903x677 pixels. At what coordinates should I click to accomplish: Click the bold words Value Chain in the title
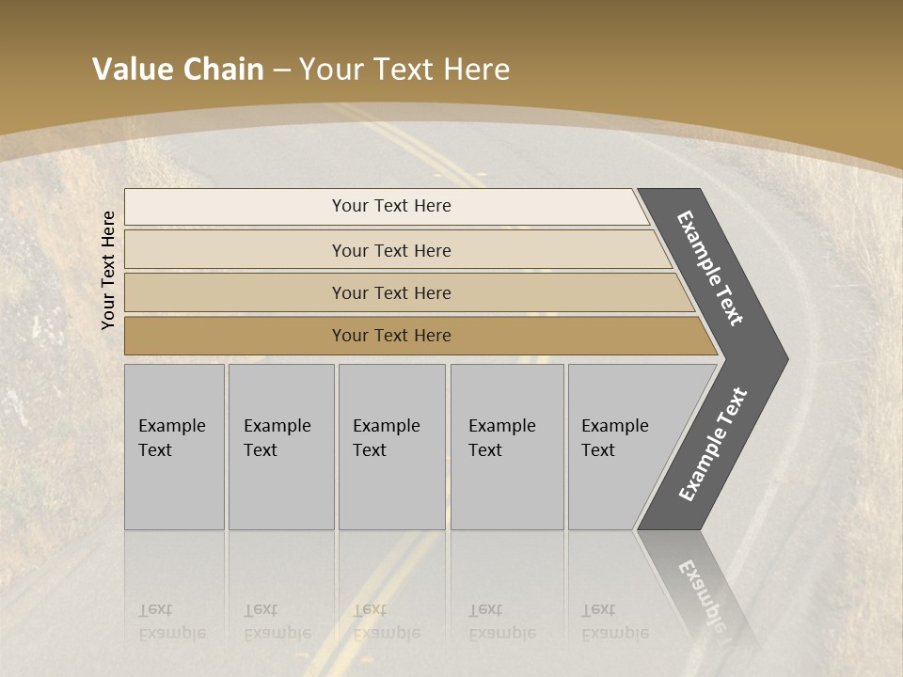coord(178,70)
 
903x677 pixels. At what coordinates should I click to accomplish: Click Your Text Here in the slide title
coord(404,70)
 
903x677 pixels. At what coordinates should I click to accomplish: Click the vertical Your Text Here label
coord(108,270)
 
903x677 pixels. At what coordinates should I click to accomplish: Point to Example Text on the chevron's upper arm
coord(710,268)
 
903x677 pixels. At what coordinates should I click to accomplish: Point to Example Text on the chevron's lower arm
coord(713,445)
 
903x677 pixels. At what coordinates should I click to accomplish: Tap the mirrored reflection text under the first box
coord(171,622)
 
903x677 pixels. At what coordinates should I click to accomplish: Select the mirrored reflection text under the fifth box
coord(614,622)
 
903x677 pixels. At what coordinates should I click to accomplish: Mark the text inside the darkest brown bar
coord(391,336)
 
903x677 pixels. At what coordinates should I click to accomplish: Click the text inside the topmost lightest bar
coord(391,206)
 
